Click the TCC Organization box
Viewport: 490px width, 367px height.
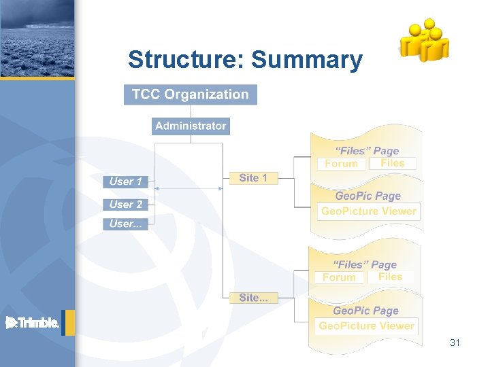(191, 94)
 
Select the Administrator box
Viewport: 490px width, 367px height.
(191, 126)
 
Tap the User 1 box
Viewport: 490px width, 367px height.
(126, 181)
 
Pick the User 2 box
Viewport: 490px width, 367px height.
(126, 204)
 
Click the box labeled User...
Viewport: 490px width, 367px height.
(126, 224)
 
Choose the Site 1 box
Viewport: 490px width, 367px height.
(253, 178)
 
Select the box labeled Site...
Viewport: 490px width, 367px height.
(253, 298)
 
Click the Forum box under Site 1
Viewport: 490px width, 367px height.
(342, 164)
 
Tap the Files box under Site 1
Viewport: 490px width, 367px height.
(393, 163)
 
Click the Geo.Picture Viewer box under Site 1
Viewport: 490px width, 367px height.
(368, 211)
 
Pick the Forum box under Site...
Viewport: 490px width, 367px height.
(339, 277)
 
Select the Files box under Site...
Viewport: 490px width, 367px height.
(391, 277)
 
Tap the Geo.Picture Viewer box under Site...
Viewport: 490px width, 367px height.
(366, 326)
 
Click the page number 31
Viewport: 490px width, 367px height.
(455, 343)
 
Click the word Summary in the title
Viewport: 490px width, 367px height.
(307, 60)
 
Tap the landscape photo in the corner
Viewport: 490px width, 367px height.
(37, 38)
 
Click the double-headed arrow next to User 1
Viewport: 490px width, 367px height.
(188, 188)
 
